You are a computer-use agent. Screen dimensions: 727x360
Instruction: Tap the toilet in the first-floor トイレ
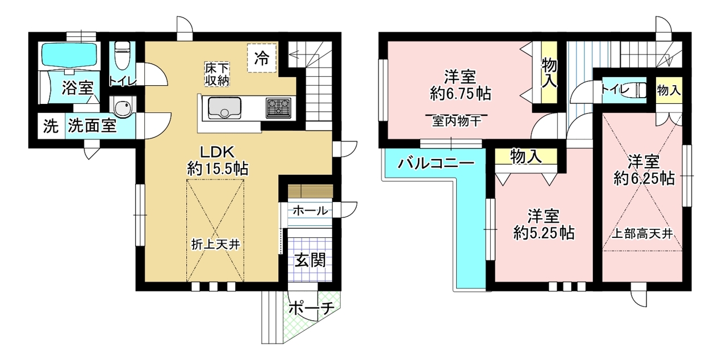123,55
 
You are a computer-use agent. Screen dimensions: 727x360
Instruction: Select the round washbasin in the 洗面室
122,107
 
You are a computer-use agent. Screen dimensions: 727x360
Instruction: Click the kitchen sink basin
224,108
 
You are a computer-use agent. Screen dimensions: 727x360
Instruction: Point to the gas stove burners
278,107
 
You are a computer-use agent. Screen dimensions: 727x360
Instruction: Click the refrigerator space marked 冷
262,58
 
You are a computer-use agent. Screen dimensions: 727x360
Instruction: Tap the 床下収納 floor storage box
217,74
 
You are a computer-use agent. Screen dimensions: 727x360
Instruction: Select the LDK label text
217,152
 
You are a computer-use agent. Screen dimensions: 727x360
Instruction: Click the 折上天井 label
215,245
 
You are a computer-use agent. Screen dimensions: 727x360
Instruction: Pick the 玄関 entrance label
310,260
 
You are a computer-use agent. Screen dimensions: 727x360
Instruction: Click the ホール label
310,211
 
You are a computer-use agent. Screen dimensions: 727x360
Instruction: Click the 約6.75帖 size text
461,94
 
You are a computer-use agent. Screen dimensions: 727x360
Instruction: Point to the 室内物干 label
456,122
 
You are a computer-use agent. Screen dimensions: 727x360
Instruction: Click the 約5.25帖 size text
544,233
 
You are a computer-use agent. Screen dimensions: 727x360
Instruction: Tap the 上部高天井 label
642,234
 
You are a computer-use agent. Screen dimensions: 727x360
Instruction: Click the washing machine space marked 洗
51,126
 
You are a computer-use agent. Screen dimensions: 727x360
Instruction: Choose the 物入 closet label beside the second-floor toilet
669,90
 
